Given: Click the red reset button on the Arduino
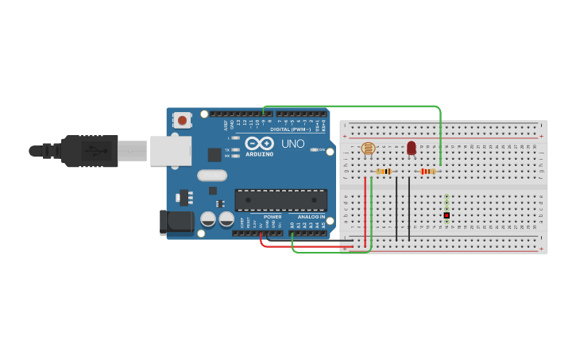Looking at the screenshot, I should pos(183,121).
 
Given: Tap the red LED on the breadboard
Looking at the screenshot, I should pos(411,148).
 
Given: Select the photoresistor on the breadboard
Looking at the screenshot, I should pos(368,149).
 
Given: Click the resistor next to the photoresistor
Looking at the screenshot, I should pos(384,171).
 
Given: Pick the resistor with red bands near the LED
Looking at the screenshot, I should pos(428,171).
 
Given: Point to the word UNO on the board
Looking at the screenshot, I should pos(292,144).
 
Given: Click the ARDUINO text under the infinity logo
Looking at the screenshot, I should pos(260,153).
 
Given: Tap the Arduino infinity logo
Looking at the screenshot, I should pos(260,143).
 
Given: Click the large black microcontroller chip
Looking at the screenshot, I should pos(280,200).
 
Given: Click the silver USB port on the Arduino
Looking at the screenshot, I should pos(171,150).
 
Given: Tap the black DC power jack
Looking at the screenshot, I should pos(176,223).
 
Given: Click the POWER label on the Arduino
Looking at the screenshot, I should pos(273,217).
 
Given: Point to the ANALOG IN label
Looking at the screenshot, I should pos(311,217).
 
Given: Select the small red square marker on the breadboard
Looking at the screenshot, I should pos(446,215).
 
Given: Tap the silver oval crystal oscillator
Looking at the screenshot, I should pos(212,176).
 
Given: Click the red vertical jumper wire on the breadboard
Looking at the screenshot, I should pos(365,211).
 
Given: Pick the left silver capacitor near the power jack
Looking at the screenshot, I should pos(208,219).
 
